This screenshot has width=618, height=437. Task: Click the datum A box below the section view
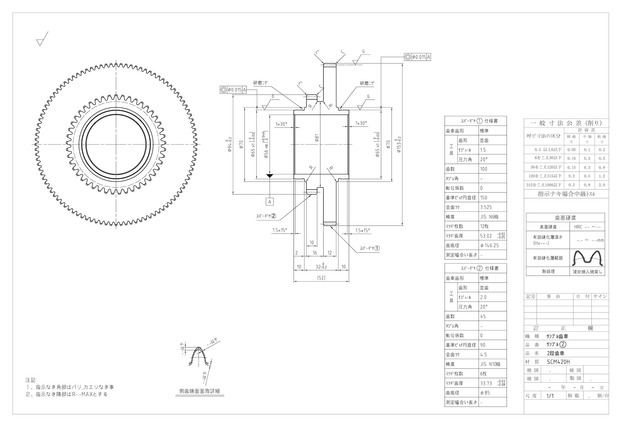pyautogui.click(x=270, y=202)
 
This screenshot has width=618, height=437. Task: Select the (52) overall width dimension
pyautogui.click(x=321, y=278)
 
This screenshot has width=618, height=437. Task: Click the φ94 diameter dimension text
pyautogui.click(x=230, y=145)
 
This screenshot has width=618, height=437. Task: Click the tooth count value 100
pyautogui.click(x=484, y=169)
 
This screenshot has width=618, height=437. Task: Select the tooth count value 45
pyautogui.click(x=483, y=316)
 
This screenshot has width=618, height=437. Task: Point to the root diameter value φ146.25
pyautogui.click(x=489, y=245)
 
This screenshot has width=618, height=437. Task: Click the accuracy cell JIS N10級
pyautogui.click(x=490, y=364)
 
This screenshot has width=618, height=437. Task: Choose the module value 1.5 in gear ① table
pyautogui.click(x=483, y=150)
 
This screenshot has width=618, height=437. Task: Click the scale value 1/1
pyautogui.click(x=550, y=396)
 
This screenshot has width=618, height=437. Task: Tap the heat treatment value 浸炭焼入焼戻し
pyautogui.click(x=587, y=271)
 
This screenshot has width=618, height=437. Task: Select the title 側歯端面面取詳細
pyautogui.click(x=200, y=391)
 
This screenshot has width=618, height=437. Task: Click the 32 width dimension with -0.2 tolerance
pyautogui.click(x=321, y=266)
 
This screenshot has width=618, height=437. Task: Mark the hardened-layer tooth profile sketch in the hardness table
pyautogui.click(x=587, y=258)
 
